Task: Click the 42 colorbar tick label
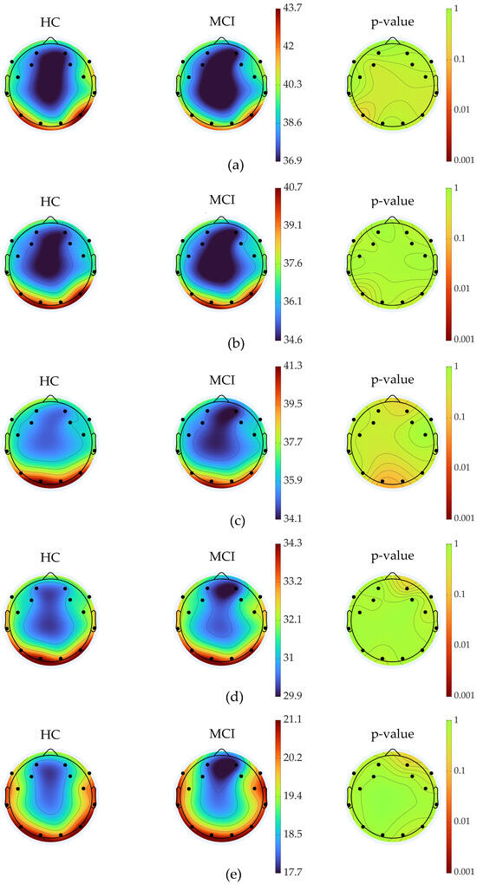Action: click(288, 46)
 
